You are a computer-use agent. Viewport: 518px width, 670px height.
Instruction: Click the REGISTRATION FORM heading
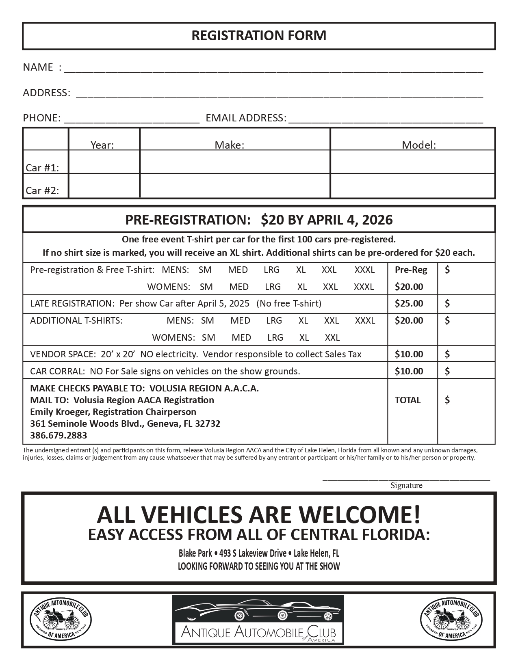[259, 36]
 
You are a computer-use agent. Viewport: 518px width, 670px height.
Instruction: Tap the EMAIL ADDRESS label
[246, 118]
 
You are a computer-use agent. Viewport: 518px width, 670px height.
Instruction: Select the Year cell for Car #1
[104, 162]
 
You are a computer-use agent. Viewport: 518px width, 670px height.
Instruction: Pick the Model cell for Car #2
[412, 186]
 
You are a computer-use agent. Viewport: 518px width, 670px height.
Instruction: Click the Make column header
[230, 145]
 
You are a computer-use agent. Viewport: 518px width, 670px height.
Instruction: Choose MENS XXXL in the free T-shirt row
[364, 270]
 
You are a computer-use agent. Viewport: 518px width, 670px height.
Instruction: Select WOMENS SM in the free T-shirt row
[206, 287]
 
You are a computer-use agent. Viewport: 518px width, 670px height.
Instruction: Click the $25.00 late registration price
[409, 303]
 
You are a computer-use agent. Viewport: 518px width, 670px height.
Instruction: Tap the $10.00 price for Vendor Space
[409, 354]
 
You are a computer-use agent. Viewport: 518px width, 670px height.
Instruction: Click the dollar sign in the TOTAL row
[447, 400]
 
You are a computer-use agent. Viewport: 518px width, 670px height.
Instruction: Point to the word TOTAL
[407, 400]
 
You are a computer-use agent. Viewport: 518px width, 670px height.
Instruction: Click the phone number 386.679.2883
[59, 435]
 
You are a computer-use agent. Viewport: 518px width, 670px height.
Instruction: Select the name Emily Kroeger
[60, 412]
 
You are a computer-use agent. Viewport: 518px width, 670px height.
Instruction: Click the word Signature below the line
[406, 485]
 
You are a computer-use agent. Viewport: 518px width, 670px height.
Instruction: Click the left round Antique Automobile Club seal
[61, 620]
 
